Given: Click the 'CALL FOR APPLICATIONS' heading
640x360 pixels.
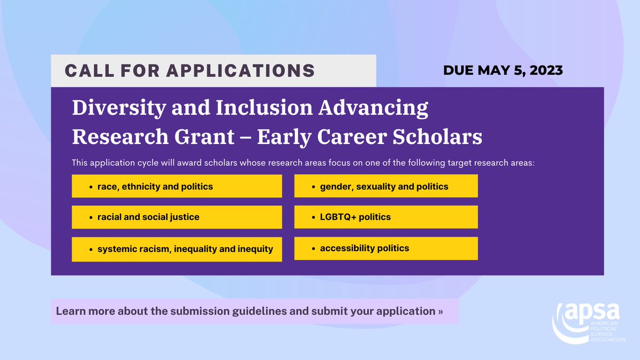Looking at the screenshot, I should [x=189, y=70].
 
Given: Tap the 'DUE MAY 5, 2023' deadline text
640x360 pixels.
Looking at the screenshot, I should [x=503, y=70].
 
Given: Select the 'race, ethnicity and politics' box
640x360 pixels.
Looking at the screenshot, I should [x=177, y=187].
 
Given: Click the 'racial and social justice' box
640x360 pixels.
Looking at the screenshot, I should [x=177, y=217].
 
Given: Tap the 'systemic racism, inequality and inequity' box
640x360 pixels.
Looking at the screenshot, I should [x=177, y=249].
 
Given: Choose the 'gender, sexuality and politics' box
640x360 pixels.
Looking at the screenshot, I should [x=386, y=187].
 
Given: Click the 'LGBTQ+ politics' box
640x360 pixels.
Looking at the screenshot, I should [x=386, y=217].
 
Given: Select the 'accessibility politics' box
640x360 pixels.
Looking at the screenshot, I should [x=386, y=248].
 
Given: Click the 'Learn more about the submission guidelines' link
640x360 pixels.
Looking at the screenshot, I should [x=249, y=310].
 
